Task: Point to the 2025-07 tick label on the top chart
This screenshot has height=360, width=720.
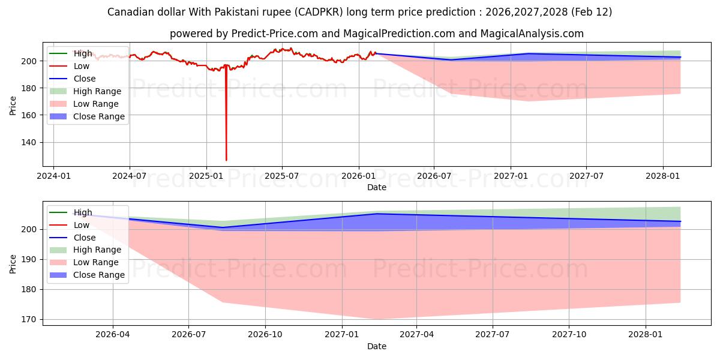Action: tap(282, 176)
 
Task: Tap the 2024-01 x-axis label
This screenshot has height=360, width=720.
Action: tap(53, 176)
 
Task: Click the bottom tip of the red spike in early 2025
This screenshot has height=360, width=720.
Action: tap(226, 160)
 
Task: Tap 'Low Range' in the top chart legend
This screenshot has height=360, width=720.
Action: tap(97, 104)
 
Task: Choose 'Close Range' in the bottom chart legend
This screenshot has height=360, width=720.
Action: tap(99, 275)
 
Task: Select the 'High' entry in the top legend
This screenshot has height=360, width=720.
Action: tap(83, 53)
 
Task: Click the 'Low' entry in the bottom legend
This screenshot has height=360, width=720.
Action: tap(82, 225)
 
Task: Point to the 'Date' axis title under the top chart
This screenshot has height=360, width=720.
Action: tap(377, 187)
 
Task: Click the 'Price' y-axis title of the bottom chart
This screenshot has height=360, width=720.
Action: tap(13, 263)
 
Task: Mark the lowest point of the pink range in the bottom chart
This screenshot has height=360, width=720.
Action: tap(377, 319)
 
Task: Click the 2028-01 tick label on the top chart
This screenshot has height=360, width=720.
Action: tap(663, 176)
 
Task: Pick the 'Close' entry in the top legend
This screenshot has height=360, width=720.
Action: tap(85, 79)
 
